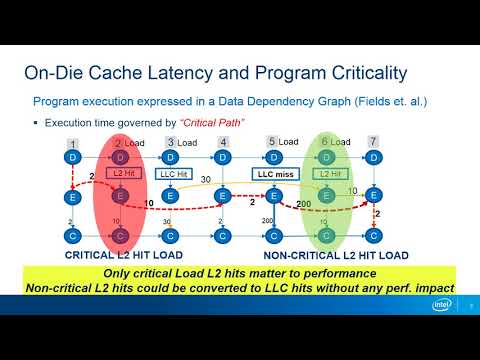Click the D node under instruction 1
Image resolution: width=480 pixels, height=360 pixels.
click(x=73, y=158)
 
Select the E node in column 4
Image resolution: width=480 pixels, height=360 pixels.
click(x=222, y=197)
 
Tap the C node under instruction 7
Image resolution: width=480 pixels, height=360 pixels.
click(x=374, y=236)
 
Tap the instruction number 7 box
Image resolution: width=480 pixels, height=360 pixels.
click(x=373, y=142)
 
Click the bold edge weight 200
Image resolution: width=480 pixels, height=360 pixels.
click(x=302, y=203)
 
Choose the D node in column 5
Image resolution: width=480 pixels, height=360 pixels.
click(x=273, y=158)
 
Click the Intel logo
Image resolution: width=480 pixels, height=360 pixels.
click(x=441, y=305)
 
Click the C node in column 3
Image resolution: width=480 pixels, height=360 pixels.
click(x=171, y=236)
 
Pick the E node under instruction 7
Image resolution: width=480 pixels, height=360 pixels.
click(x=374, y=197)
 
